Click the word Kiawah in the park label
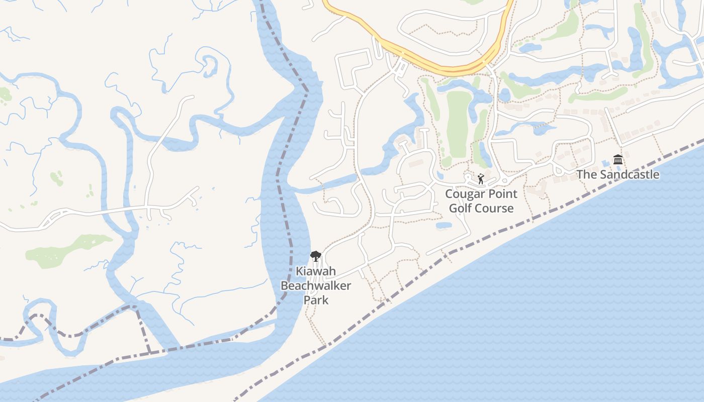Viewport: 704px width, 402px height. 315,271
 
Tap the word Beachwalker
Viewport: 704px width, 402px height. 315,286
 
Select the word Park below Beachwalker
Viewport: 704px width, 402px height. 316,300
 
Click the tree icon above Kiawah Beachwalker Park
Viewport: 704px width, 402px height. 315,256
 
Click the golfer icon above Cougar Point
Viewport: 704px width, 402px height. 481,178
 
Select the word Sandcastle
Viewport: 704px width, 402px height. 629,175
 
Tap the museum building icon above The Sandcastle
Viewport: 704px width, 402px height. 618,160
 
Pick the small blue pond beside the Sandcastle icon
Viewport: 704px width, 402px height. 605,164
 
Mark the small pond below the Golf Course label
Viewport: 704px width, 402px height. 444,225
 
